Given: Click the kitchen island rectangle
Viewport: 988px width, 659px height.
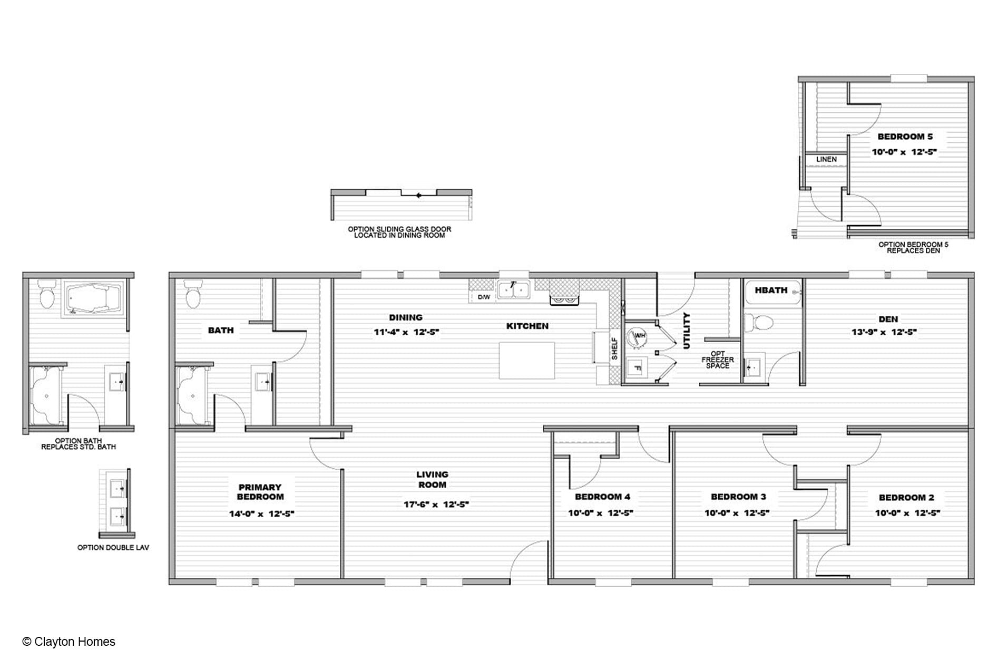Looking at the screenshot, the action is pos(527,360).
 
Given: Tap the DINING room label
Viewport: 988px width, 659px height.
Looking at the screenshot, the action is pos(406,317).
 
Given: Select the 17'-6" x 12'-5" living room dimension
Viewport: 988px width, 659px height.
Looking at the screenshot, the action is pos(436,504).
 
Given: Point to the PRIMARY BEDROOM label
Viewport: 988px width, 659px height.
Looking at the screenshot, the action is pos(260,492).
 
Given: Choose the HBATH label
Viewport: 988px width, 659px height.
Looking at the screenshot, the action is pos(771,290).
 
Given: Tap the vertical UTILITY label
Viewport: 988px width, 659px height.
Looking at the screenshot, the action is pos(686,331).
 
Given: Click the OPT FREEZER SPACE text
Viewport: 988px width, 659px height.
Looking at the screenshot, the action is pos(718,360).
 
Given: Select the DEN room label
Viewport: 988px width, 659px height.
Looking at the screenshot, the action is pos(888,319).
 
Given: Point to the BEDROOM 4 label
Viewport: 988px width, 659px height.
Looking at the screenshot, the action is pos(602,497).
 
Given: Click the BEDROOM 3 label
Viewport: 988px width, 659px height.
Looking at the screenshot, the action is pos(738,497).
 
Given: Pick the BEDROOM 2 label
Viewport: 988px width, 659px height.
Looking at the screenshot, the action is pos(906,497).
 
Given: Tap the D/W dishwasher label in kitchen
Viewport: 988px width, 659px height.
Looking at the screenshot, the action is pos(484,297).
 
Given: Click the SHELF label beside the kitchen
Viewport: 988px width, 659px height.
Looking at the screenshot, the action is pos(614,348).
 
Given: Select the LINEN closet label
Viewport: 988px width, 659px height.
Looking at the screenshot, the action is pos(826,159).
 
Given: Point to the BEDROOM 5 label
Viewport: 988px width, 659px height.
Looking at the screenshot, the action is pos(905,137).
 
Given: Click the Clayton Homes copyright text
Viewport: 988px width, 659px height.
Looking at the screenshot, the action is pos(69,642).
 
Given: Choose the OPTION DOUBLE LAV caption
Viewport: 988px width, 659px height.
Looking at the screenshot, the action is pos(113,547).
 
